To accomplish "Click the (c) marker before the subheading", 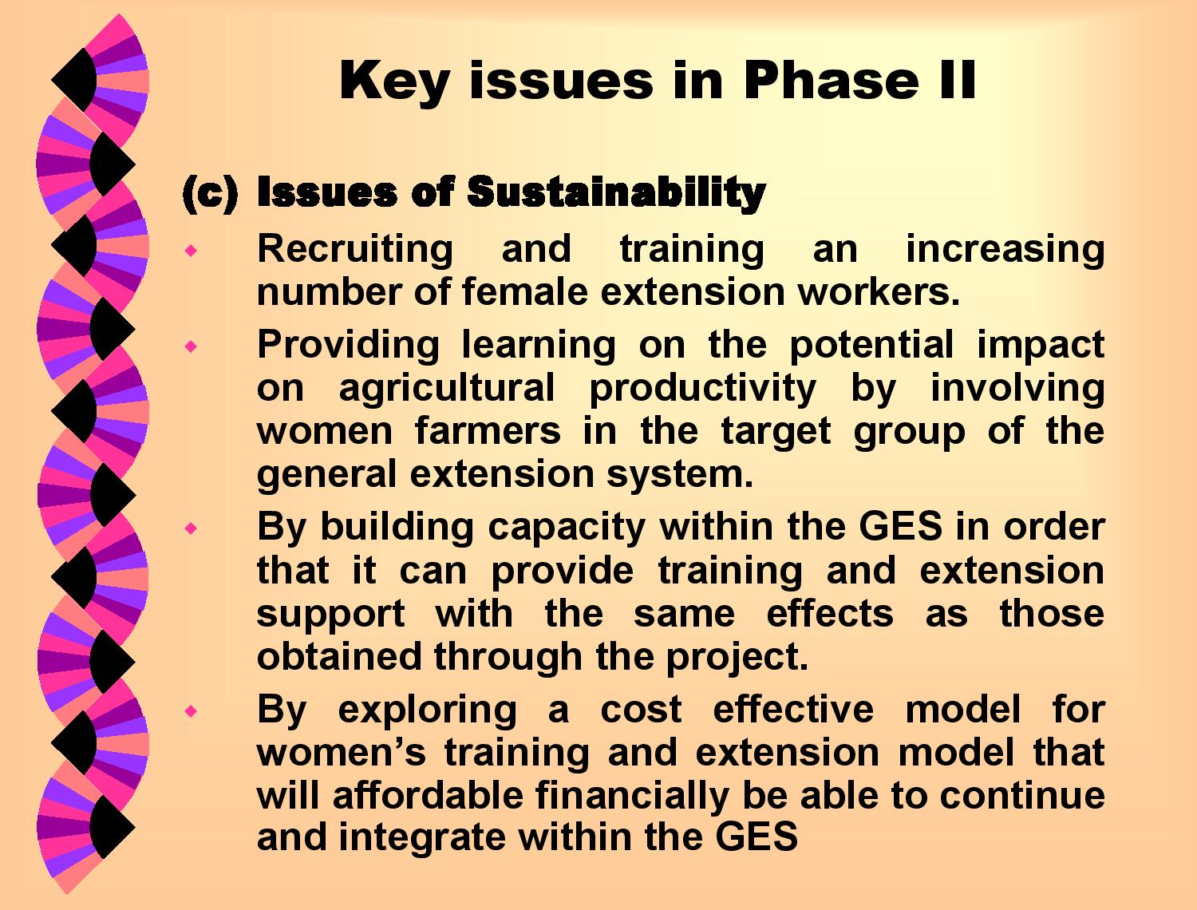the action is point(210,194).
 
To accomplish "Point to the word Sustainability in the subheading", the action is point(617,193).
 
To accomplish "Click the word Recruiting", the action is point(355,250).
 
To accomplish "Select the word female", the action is point(524,291).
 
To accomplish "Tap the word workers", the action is point(879,292).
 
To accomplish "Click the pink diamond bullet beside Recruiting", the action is point(191,251).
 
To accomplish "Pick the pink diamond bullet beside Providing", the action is point(191,346).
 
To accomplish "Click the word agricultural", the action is point(447,390).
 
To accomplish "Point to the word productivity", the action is point(703,390).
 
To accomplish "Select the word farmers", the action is point(488,431).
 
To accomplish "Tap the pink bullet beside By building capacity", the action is point(191,528).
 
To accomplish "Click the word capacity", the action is point(567,528).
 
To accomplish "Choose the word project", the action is point(737,658).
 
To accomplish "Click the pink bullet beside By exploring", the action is point(191,711).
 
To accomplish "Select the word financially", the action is point(633,797).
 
